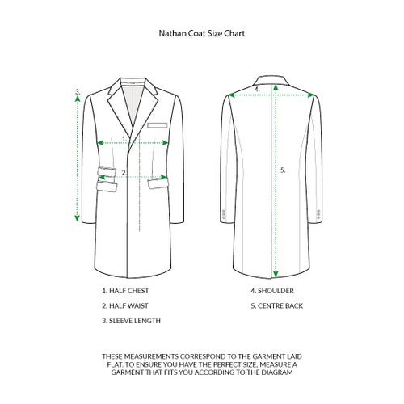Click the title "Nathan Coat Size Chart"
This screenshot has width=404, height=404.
[x=202, y=33]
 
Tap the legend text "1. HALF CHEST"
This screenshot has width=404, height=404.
[x=125, y=291]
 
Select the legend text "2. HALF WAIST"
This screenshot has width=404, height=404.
[x=125, y=306]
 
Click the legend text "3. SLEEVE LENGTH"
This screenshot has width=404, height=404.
[x=132, y=321]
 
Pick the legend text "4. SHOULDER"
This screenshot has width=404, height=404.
[x=272, y=291]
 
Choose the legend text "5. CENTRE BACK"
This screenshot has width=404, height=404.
[x=277, y=306]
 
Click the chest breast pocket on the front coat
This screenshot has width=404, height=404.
[x=158, y=125]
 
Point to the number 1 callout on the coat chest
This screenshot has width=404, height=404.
[x=124, y=139]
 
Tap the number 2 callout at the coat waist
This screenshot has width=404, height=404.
[x=124, y=173]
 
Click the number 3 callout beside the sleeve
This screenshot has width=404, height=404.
[x=78, y=91]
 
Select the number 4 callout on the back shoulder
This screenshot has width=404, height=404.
[x=257, y=89]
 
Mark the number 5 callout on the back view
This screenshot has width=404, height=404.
[x=283, y=170]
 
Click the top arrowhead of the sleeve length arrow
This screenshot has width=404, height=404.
[x=78, y=99]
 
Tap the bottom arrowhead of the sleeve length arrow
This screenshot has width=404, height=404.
[x=78, y=218]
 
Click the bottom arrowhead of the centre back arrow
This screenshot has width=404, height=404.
[x=276, y=274]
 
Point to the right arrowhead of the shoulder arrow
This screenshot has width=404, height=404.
[x=311, y=95]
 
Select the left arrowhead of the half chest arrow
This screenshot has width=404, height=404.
[x=100, y=143]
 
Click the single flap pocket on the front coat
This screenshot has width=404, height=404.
[x=158, y=183]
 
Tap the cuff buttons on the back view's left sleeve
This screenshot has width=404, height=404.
[x=223, y=214]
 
